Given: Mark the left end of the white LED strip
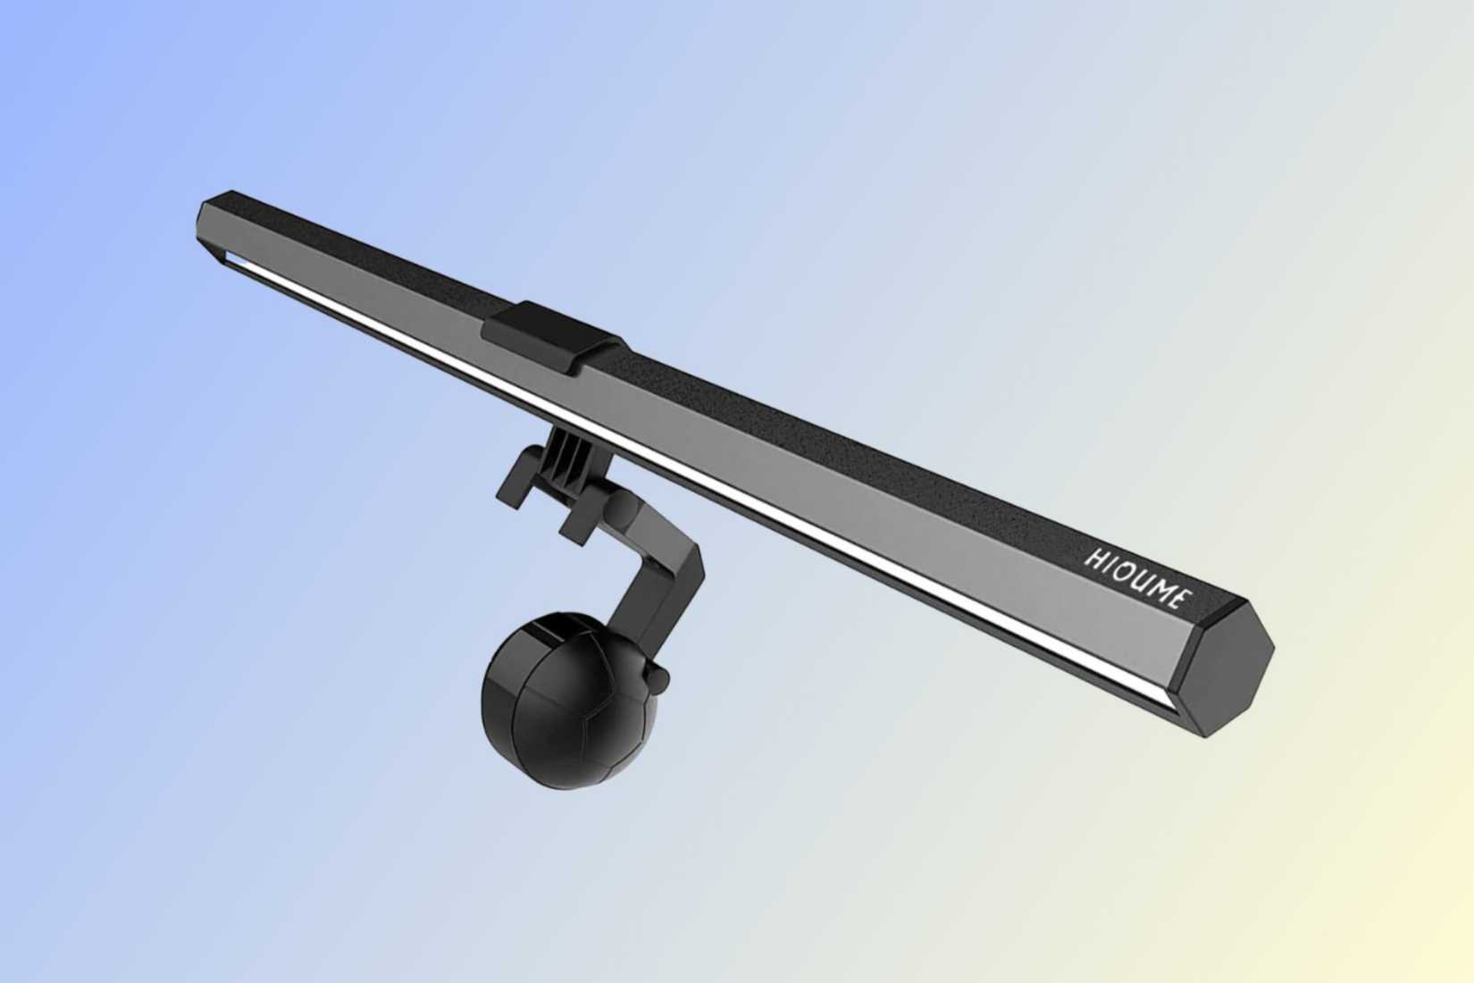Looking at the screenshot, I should click(234, 258).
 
